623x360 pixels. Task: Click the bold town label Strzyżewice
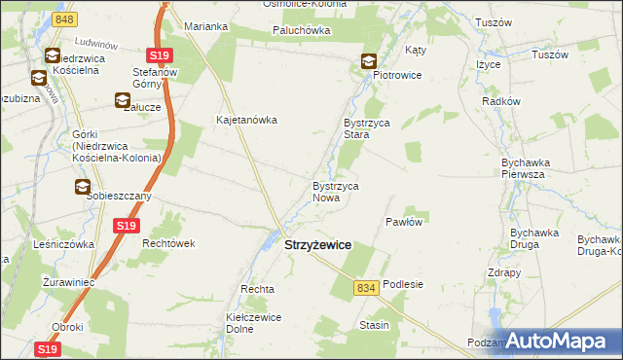[x=317, y=247]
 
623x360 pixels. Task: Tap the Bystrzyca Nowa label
[x=336, y=192]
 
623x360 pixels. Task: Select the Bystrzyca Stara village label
[x=366, y=129]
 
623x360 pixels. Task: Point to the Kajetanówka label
[x=247, y=121]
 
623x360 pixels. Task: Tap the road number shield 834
[x=366, y=288]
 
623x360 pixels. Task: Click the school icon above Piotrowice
[x=370, y=61]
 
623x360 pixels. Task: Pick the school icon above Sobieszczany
[x=84, y=188]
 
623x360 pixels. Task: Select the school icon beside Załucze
[x=123, y=98]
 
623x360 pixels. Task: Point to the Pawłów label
[x=404, y=222]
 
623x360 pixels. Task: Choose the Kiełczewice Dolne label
[x=254, y=323]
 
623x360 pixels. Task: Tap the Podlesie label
[x=403, y=284]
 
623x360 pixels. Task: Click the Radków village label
[x=502, y=101]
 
